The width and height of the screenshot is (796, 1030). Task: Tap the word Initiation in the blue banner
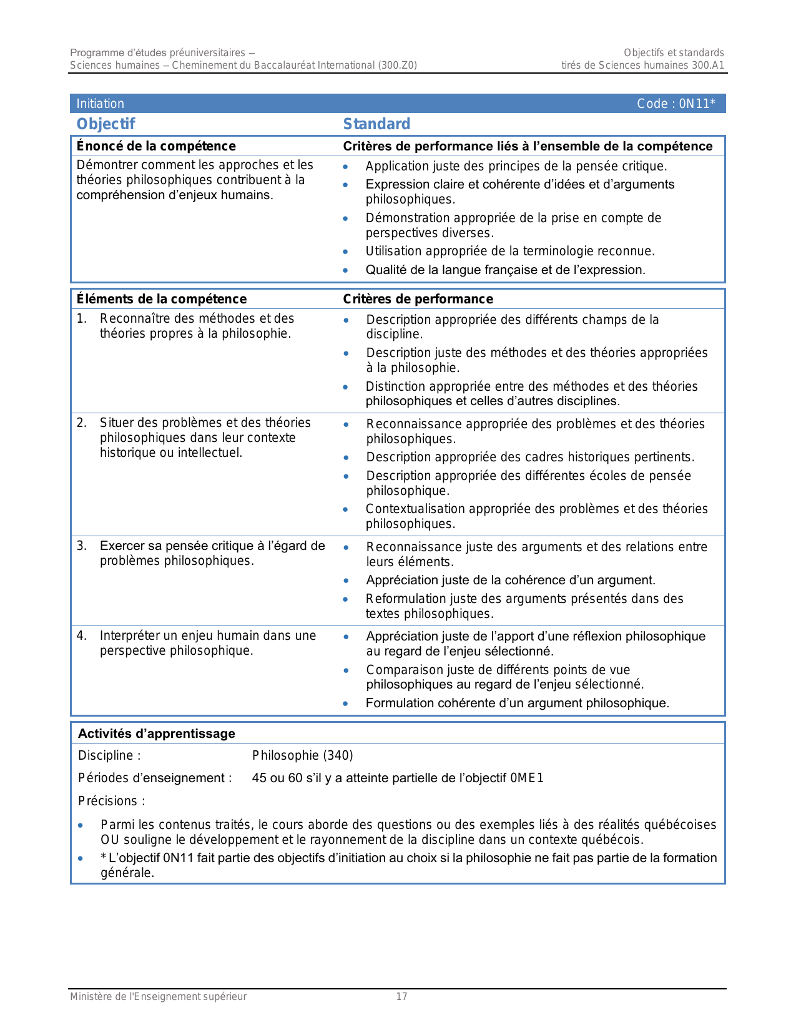tap(100, 104)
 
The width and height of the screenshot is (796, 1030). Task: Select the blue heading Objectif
tap(106, 124)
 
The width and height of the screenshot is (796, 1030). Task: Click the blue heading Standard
tap(376, 124)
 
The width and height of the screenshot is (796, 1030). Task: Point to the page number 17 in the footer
tap(401, 996)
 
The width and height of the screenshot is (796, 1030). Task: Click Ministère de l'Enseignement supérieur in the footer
tap(158, 996)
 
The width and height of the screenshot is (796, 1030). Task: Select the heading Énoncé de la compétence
tap(156, 146)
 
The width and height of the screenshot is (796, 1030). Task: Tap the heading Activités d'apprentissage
tap(156, 733)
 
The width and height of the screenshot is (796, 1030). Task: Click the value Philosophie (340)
tap(302, 755)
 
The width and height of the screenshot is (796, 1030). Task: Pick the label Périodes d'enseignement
tap(154, 778)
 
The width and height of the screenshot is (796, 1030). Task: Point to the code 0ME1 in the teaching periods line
tap(527, 778)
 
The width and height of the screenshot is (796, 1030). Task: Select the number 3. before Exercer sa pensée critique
tap(82, 546)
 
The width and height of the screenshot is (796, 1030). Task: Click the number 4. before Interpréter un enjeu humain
tap(82, 636)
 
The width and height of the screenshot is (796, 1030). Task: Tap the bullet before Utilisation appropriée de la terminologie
tap(346, 252)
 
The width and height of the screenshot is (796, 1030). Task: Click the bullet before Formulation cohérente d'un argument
tap(346, 704)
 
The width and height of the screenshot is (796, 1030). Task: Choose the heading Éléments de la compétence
tap(161, 299)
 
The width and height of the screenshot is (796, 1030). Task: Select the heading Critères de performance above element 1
tap(418, 299)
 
